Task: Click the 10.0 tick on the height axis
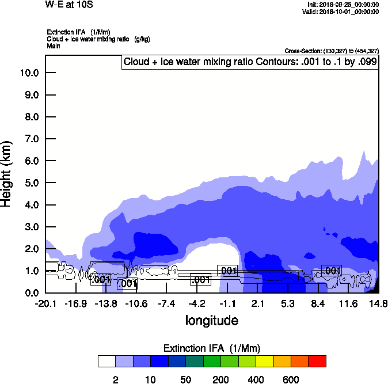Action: point(29,73)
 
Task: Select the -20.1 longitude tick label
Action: point(45,303)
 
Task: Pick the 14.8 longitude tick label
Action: point(378,303)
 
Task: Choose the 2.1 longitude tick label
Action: point(257,303)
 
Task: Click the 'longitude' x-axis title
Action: point(211,320)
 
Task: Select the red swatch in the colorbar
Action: point(317,362)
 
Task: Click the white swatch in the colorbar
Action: point(106,362)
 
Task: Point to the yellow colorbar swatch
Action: point(264,362)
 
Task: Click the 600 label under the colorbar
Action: point(291,379)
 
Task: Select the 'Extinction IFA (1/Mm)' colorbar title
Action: point(211,348)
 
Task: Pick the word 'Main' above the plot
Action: point(54,45)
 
